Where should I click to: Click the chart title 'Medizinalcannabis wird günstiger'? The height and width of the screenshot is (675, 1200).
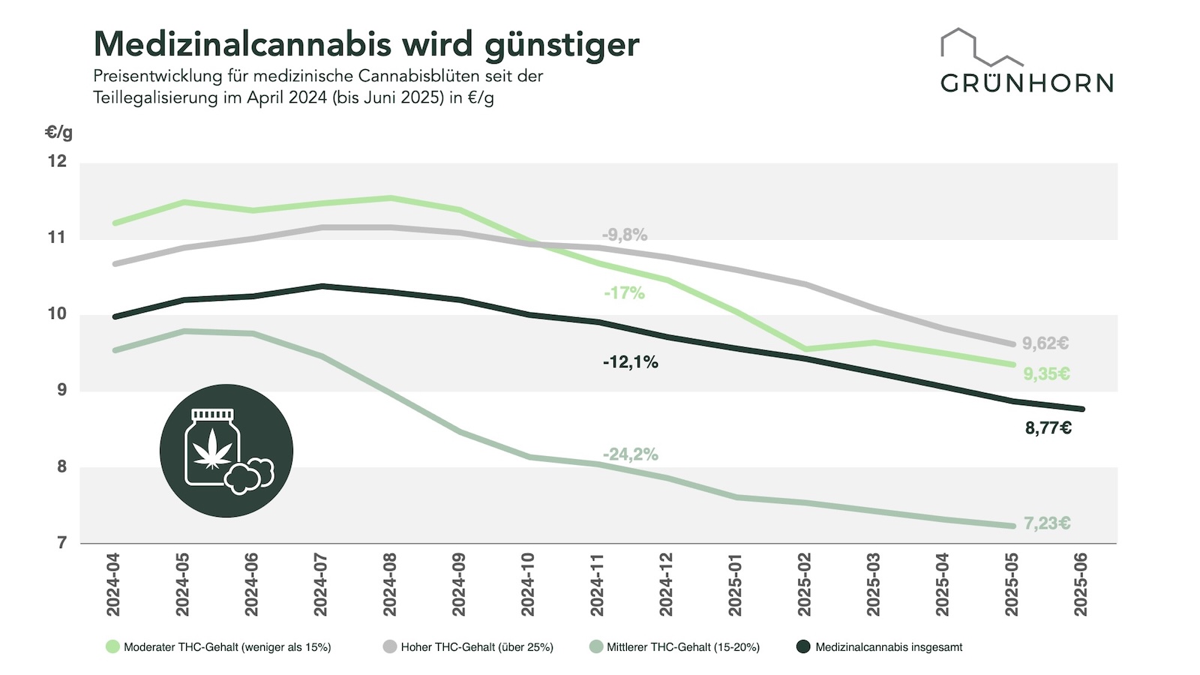(x=366, y=44)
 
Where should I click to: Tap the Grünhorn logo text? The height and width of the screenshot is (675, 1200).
(x=1027, y=82)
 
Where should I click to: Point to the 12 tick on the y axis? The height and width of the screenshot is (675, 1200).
(x=57, y=161)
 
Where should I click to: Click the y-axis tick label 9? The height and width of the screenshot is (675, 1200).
(x=61, y=390)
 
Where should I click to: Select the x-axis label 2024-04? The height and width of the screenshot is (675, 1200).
(x=113, y=585)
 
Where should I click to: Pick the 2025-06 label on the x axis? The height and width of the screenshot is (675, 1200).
(x=1081, y=585)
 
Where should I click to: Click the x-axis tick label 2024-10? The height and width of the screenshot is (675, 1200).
(x=528, y=585)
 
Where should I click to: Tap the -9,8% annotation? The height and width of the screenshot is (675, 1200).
(x=624, y=235)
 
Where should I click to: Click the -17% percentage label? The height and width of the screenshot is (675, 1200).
(x=624, y=293)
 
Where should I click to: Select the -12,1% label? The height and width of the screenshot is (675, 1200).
(x=630, y=362)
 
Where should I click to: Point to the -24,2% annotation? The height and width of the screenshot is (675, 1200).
(x=630, y=454)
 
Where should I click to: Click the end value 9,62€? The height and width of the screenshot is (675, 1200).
(x=1045, y=343)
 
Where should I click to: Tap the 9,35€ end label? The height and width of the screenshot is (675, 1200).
(x=1046, y=373)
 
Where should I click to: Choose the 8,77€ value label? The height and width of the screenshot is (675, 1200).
(x=1048, y=428)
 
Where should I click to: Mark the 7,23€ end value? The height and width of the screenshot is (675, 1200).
(x=1047, y=523)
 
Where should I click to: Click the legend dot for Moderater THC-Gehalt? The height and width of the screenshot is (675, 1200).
(x=112, y=646)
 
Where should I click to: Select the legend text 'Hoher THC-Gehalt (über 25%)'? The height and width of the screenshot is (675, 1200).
(x=477, y=647)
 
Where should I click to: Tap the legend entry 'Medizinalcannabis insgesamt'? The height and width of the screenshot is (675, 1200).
(x=889, y=647)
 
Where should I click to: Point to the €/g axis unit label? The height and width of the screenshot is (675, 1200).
(x=59, y=133)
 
